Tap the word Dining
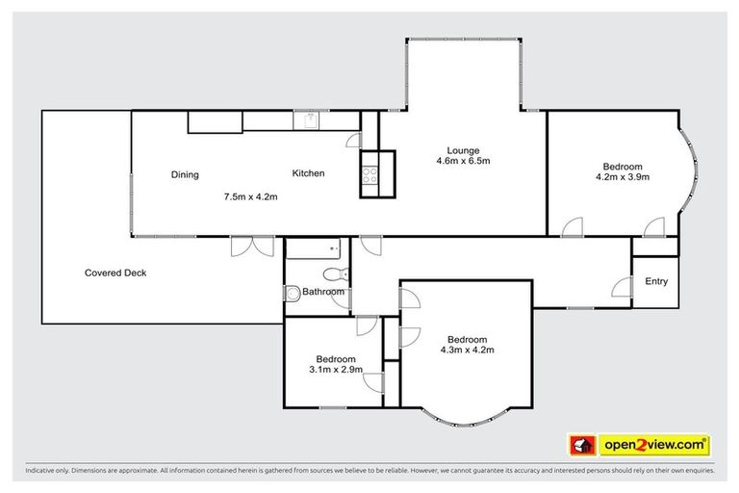[x=185, y=174]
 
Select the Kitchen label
[x=309, y=173]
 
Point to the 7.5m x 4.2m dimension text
[x=250, y=197]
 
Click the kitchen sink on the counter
[x=310, y=120]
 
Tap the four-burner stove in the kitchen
[x=369, y=175]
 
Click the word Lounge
[x=463, y=150]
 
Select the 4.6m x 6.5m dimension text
[x=463, y=162]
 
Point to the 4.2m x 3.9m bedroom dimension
[x=623, y=176]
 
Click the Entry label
[x=656, y=281]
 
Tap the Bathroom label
[x=323, y=292]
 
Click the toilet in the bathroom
[x=330, y=272]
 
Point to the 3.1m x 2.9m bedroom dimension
[x=334, y=369]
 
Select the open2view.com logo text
[x=655, y=445]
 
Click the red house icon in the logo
[x=580, y=445]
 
